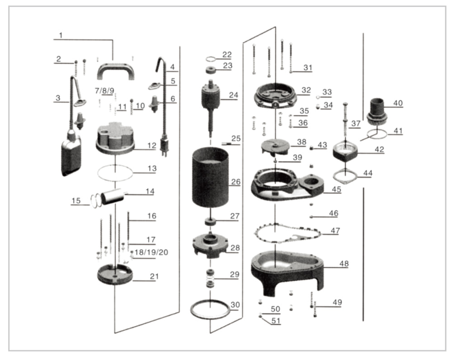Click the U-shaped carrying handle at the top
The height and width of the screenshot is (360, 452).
pyautogui.click(x=115, y=69)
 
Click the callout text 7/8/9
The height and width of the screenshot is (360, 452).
pyautogui.click(x=104, y=90)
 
